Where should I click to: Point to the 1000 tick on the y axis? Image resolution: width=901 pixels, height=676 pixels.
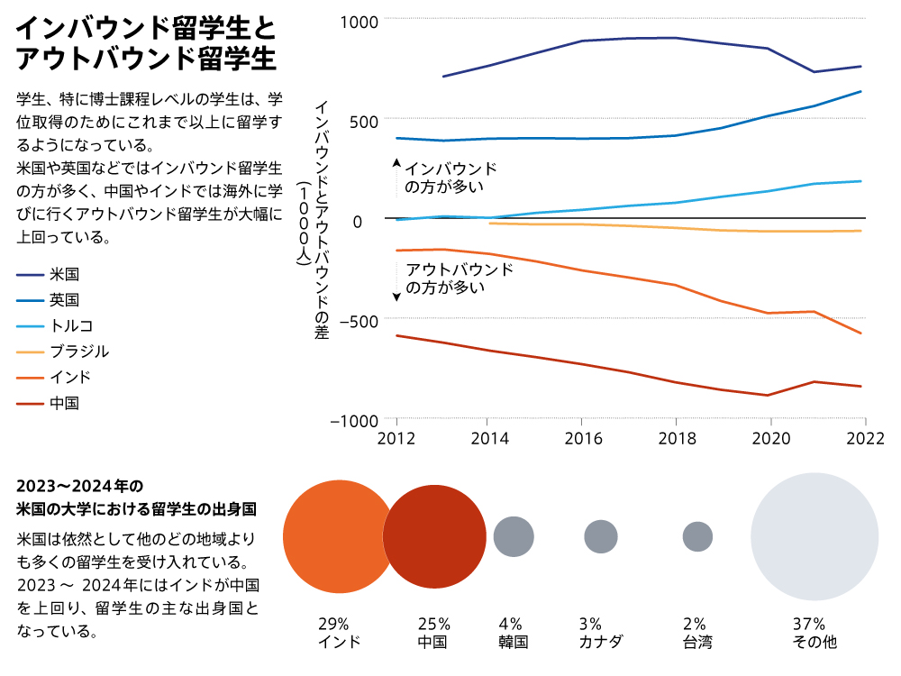[x=359, y=20]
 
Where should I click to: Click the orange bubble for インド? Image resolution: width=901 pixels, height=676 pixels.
[x=339, y=536]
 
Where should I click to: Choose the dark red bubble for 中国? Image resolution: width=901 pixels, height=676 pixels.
[x=435, y=536]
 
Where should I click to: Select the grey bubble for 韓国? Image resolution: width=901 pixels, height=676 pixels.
[x=514, y=536]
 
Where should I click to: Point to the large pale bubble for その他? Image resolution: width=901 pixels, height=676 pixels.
[x=815, y=536]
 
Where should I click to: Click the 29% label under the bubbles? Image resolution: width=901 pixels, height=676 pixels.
[x=333, y=624]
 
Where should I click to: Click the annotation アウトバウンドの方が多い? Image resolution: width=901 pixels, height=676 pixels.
[x=460, y=279]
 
